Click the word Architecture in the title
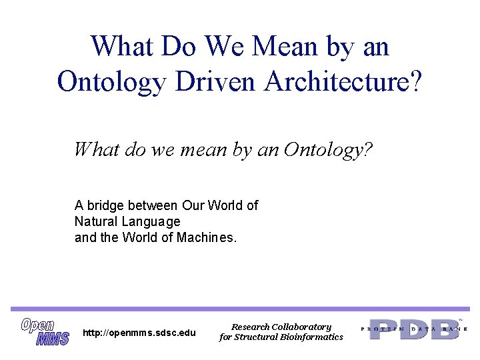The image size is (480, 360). (x=343, y=81)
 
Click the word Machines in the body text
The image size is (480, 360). (x=206, y=237)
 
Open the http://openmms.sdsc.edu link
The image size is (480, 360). (x=139, y=333)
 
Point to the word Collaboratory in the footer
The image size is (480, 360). (x=301, y=327)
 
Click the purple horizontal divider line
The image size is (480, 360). (x=240, y=309)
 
